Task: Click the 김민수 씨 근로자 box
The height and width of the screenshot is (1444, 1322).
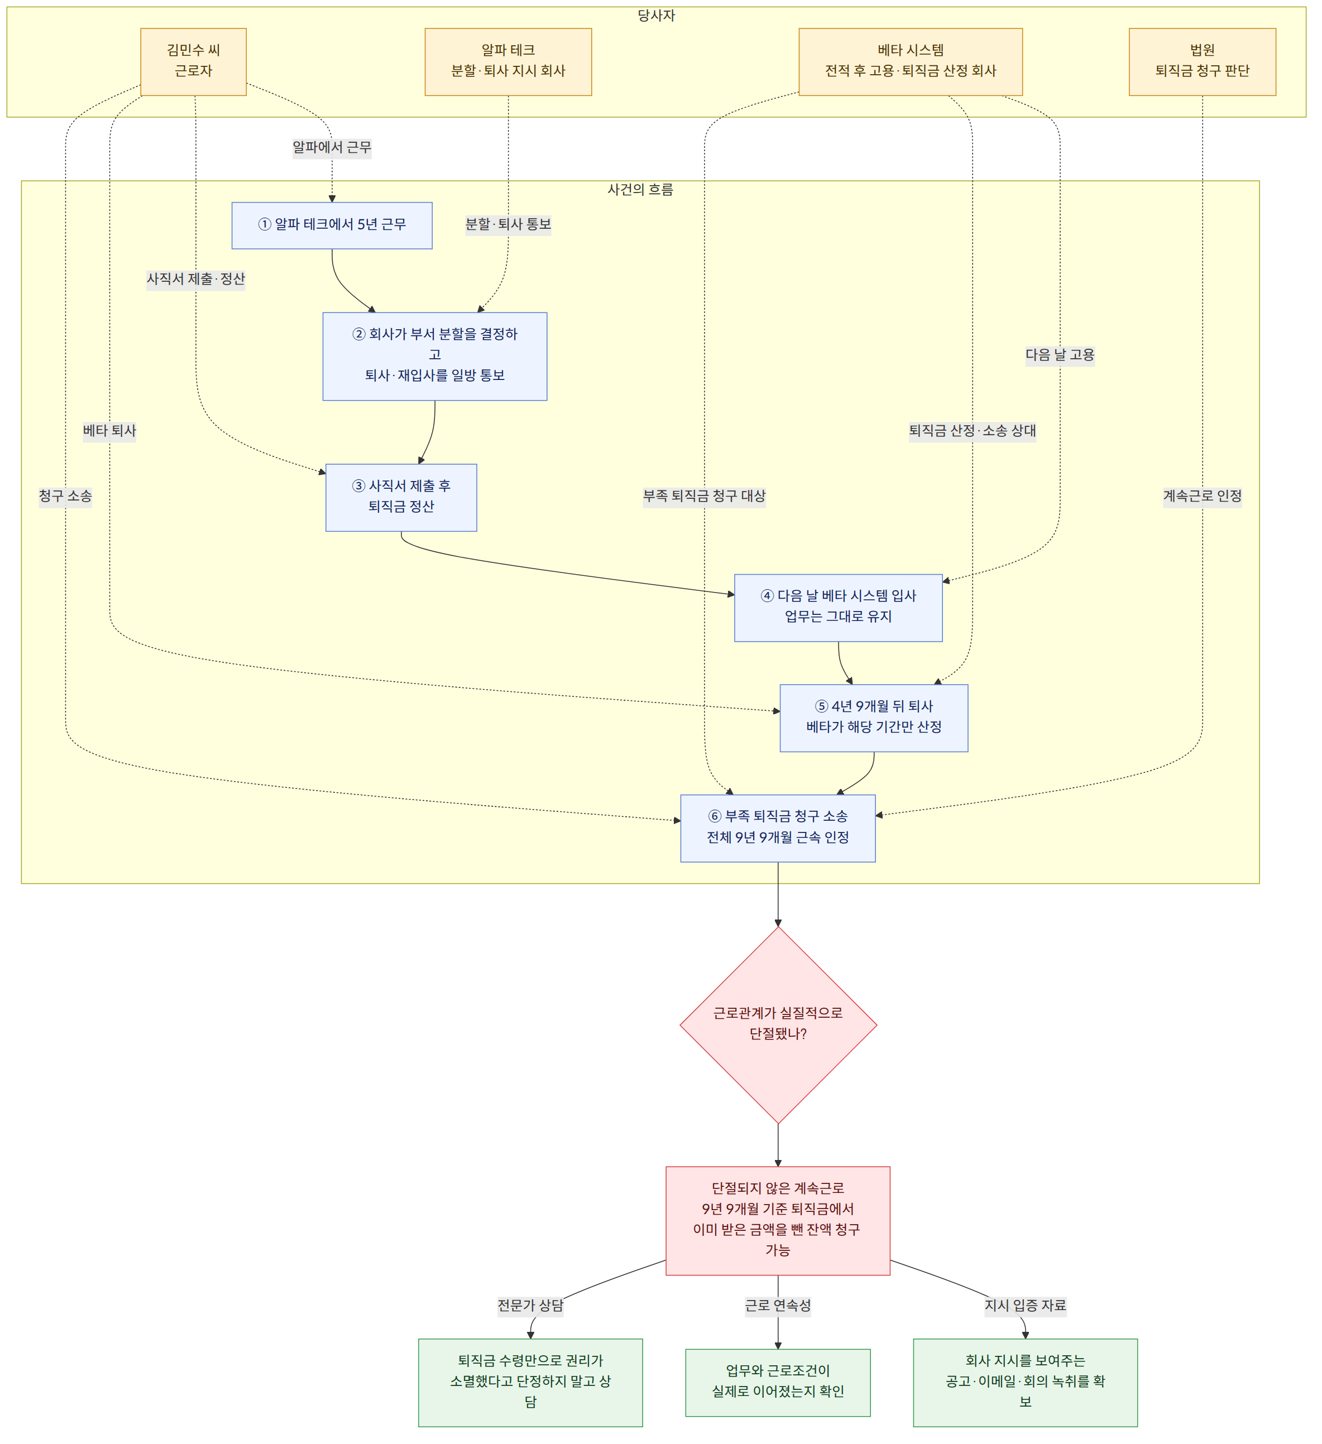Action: tap(194, 61)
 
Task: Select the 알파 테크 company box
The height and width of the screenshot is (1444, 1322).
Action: tap(508, 61)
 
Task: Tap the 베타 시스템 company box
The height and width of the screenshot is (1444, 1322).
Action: tap(911, 61)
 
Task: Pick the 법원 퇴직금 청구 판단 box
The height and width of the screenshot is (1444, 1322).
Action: tap(1203, 61)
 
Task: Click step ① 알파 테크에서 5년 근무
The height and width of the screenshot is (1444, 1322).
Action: tap(332, 225)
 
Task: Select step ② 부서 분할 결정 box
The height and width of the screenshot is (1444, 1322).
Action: tap(435, 356)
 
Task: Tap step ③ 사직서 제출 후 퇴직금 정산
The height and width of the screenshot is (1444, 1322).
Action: tap(401, 498)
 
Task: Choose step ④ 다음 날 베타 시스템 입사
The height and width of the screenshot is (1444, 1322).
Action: tap(839, 608)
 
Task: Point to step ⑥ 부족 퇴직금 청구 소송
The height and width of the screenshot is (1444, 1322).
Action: tap(778, 829)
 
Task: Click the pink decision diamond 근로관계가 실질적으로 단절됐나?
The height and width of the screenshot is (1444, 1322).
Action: tap(778, 1026)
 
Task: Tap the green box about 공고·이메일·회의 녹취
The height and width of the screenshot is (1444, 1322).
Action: tap(1026, 1383)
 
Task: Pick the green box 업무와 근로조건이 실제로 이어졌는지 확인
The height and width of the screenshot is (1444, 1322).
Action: tap(778, 1383)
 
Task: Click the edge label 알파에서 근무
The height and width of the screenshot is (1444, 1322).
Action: tap(332, 147)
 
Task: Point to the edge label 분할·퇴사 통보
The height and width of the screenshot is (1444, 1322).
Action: tap(508, 224)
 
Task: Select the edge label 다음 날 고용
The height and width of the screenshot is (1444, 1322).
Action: tap(1060, 354)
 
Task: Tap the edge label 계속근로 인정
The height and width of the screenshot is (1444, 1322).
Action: tap(1203, 495)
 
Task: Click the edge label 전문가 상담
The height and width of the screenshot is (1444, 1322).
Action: tap(530, 1305)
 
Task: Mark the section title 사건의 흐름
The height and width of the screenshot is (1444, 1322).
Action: tap(640, 190)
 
